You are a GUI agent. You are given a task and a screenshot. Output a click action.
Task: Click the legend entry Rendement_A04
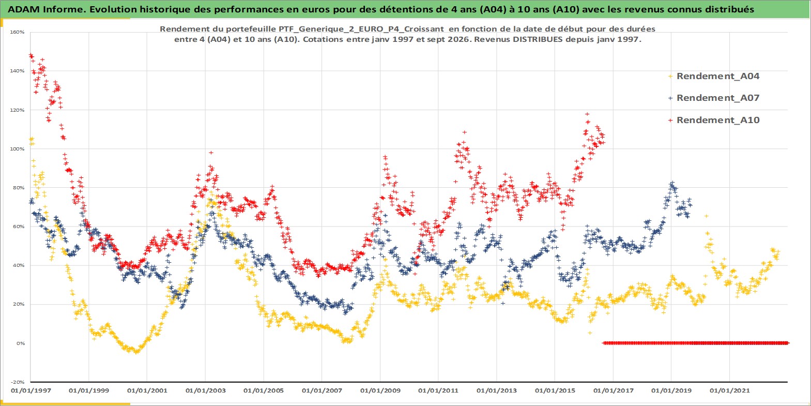click(x=717, y=76)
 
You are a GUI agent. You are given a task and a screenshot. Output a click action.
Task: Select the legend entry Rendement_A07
click(x=717, y=98)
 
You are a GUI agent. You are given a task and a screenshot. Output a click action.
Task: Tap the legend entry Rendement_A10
click(x=717, y=120)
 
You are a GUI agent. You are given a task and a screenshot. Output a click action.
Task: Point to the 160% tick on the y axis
click(x=17, y=32)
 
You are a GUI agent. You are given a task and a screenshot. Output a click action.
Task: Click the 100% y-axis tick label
click(x=17, y=149)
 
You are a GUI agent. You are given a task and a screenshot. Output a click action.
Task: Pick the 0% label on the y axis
click(x=20, y=343)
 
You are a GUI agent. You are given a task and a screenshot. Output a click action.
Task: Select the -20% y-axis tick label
click(x=17, y=382)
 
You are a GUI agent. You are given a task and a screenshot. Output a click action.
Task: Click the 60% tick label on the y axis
click(x=19, y=227)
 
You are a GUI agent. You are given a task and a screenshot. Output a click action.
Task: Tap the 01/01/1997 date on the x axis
click(x=31, y=390)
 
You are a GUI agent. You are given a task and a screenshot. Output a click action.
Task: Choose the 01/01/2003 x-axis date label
click(x=205, y=390)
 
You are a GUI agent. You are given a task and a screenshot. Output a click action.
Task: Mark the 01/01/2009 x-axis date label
click(x=380, y=390)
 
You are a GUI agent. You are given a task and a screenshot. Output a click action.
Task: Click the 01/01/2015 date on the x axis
click(x=555, y=390)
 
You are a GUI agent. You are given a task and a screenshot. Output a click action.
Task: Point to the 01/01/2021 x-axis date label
click(x=729, y=390)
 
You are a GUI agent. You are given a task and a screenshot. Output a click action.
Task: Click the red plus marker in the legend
click(x=670, y=120)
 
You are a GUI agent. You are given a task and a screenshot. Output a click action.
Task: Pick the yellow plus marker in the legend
click(x=670, y=77)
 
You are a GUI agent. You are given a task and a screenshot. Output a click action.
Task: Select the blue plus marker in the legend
click(x=670, y=98)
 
